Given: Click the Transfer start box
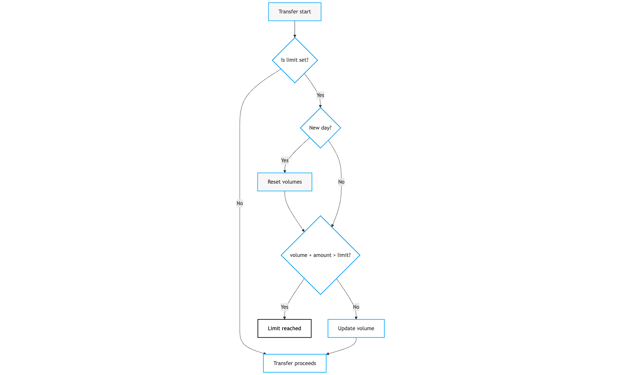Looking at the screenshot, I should [x=294, y=12].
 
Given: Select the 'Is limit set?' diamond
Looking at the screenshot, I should [x=295, y=60].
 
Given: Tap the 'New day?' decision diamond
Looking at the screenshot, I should [x=320, y=128].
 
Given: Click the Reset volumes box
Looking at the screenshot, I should [x=284, y=182].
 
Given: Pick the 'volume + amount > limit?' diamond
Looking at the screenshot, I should [x=320, y=255].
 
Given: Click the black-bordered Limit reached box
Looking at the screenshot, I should [x=284, y=328].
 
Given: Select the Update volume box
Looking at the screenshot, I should [x=356, y=328].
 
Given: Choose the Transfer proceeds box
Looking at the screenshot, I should [x=294, y=363].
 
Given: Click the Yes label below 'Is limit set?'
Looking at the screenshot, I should [x=320, y=95].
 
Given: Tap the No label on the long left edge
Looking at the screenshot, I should [x=240, y=203].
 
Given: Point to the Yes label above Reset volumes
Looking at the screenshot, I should [x=284, y=160].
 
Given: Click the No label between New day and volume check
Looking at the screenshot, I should [x=341, y=182].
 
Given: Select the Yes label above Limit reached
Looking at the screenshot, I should [x=284, y=307].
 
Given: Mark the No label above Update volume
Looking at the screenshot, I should [x=356, y=307].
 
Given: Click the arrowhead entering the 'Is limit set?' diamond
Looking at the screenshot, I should [x=295, y=36].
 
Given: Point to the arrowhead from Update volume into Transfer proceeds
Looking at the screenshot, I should [x=328, y=354].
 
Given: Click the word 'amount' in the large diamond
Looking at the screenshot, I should [x=322, y=255].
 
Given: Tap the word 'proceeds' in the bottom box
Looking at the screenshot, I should [x=305, y=363].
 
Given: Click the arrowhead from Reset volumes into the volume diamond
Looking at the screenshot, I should [x=303, y=230].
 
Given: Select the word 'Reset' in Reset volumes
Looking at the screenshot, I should [x=274, y=182].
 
